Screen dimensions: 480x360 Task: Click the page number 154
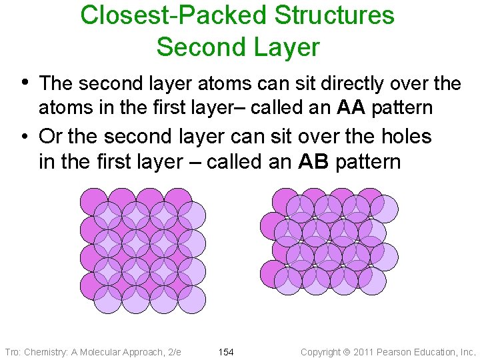pyautogui.click(x=226, y=351)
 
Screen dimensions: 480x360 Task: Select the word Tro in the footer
pyautogui.click(x=13, y=351)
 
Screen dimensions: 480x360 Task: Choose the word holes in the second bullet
pyautogui.click(x=404, y=137)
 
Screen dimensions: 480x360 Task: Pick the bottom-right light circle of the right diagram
pyautogui.click(x=372, y=281)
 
